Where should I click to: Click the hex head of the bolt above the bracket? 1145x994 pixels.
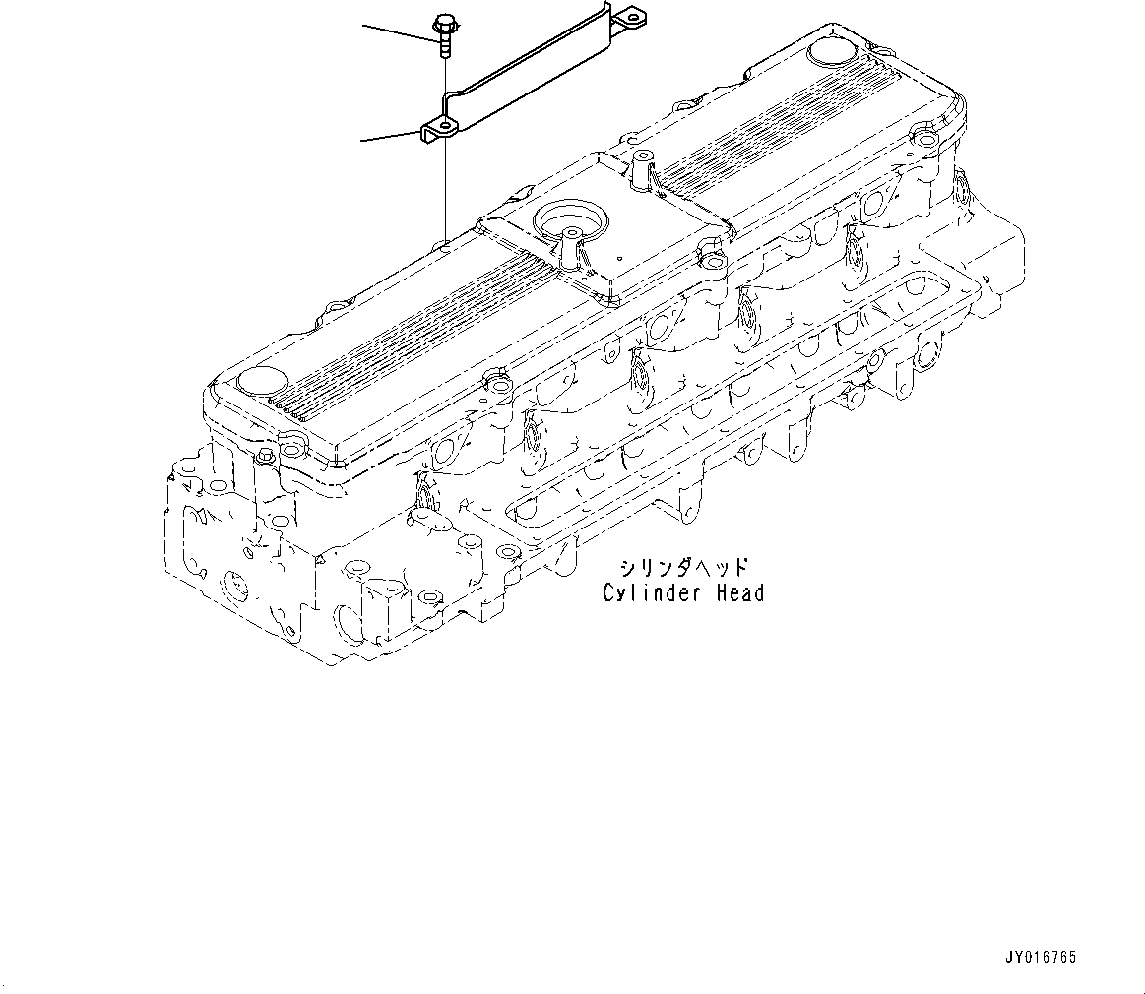click(x=441, y=21)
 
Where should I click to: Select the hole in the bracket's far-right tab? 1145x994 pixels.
click(x=625, y=15)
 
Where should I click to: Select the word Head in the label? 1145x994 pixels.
click(x=739, y=593)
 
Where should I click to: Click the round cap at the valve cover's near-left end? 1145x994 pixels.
click(x=258, y=380)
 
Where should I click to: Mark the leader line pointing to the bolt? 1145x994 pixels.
click(x=399, y=31)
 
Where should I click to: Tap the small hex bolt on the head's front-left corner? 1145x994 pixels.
click(x=264, y=456)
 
